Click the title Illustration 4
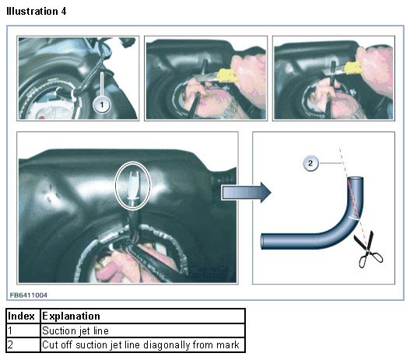(x=37, y=12)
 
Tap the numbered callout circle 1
(x=102, y=105)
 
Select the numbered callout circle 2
(x=310, y=163)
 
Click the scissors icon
(x=368, y=250)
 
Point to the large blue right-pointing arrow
(x=246, y=193)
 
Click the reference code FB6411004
(x=29, y=295)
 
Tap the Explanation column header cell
(x=142, y=316)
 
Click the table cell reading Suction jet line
(x=142, y=330)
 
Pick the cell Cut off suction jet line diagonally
(x=142, y=345)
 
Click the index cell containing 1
(x=23, y=330)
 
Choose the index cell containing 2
(x=23, y=345)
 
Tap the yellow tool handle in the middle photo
(x=228, y=75)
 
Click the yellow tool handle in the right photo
(x=353, y=68)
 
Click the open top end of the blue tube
(x=356, y=180)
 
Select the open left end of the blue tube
(x=263, y=242)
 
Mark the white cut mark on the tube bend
(x=354, y=218)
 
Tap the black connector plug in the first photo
(x=128, y=42)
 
